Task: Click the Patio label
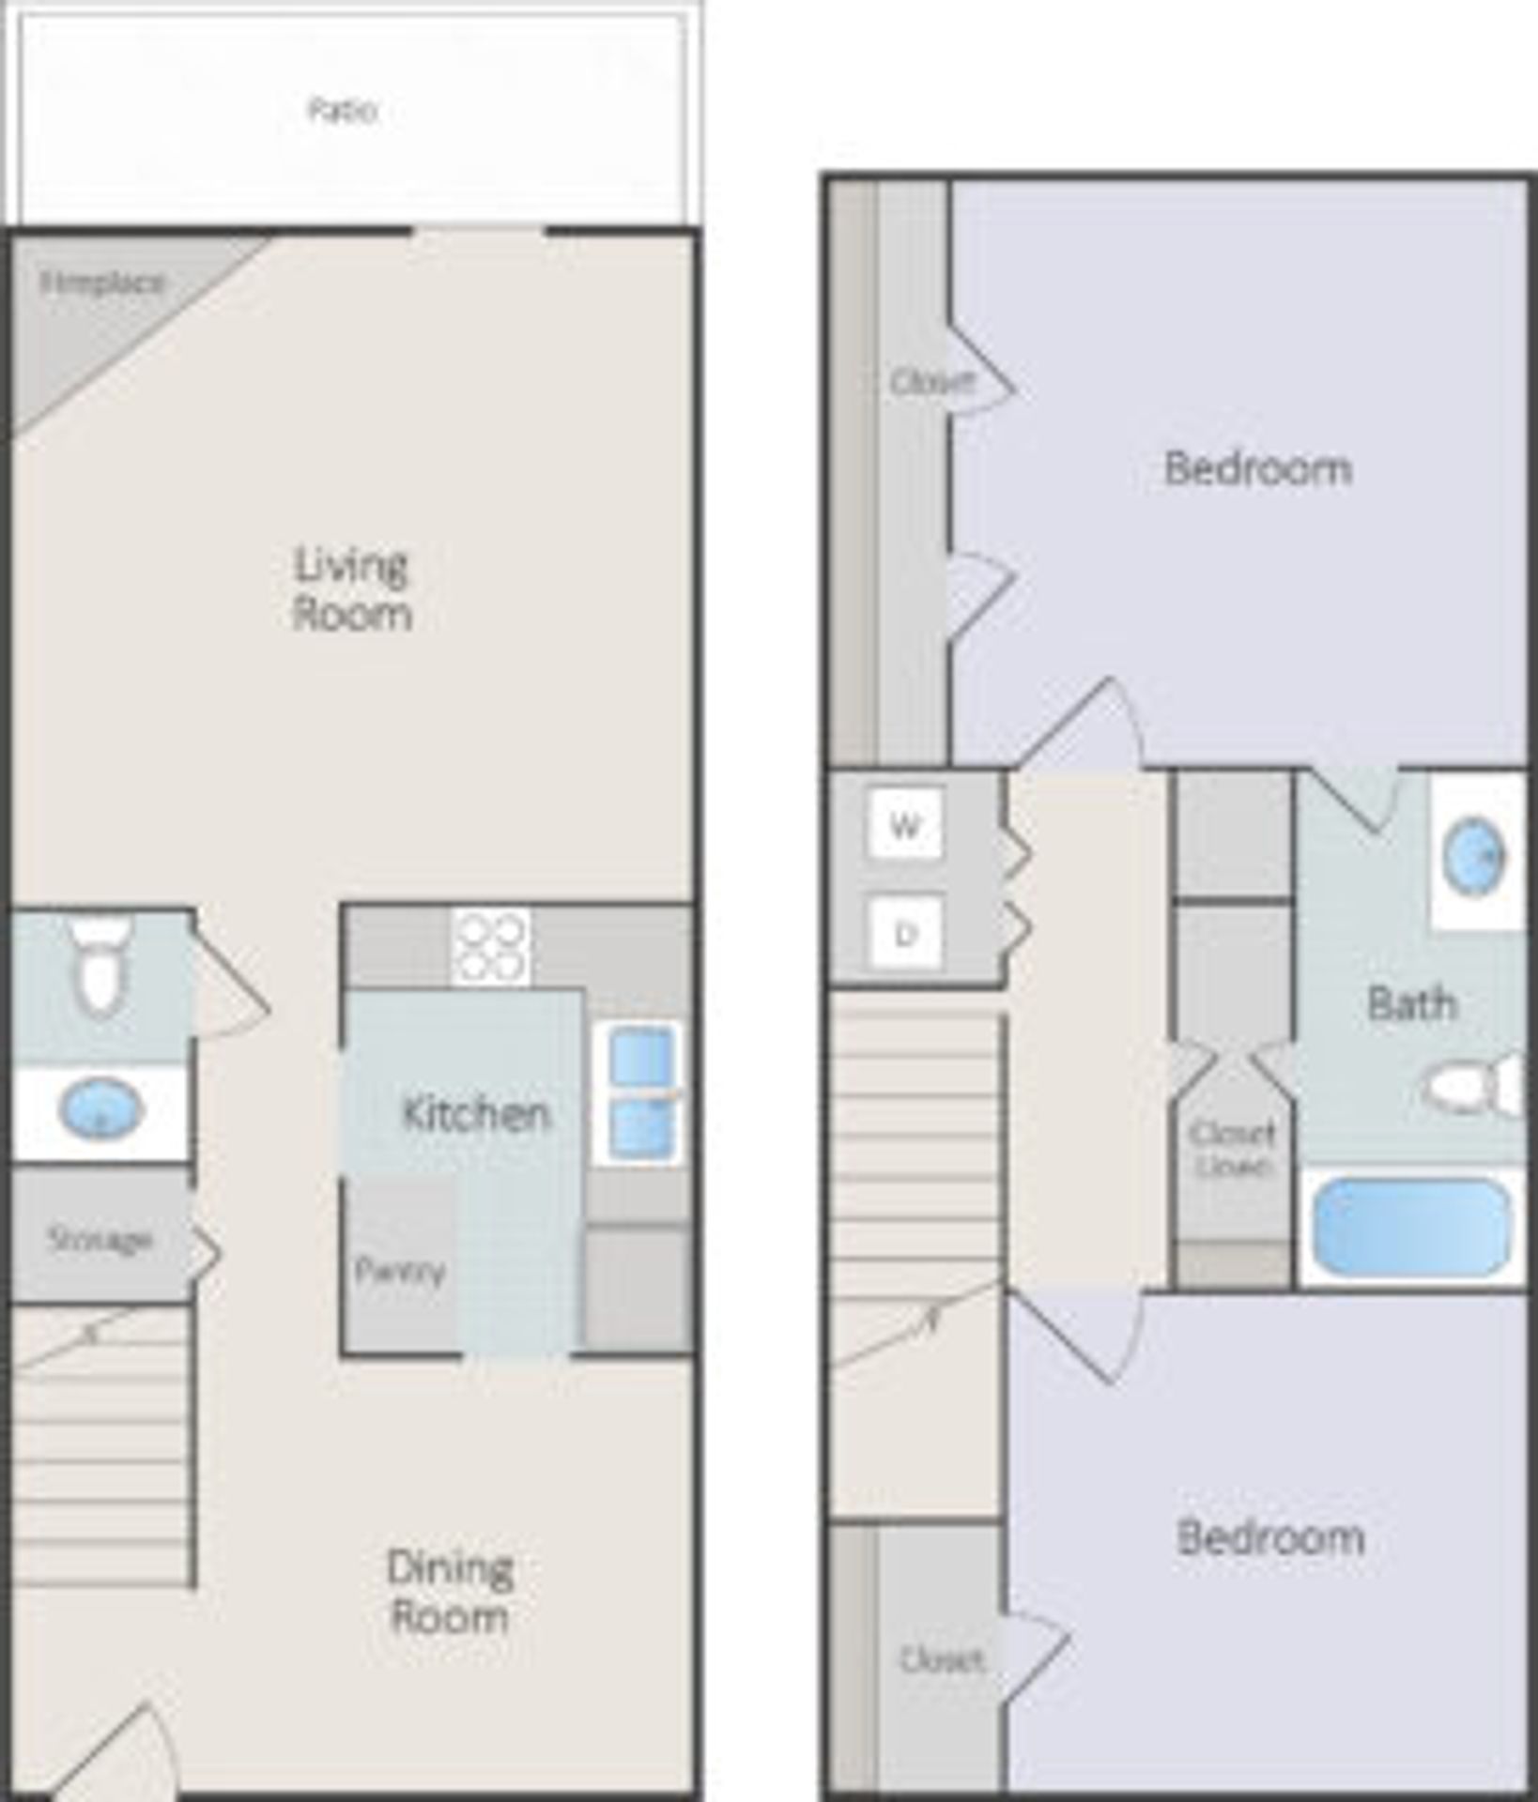(x=343, y=111)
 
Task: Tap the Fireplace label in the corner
(x=103, y=283)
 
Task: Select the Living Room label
(x=352, y=589)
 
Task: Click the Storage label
(x=100, y=1240)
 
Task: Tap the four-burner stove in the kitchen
(x=489, y=949)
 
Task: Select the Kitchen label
(x=476, y=1113)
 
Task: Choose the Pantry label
(x=400, y=1271)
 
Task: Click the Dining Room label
(x=450, y=1592)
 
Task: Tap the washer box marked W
(x=904, y=826)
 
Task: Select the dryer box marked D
(x=905, y=934)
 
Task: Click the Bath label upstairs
(x=1412, y=1003)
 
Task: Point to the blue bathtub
(x=1411, y=1227)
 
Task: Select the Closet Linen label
(x=1233, y=1150)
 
